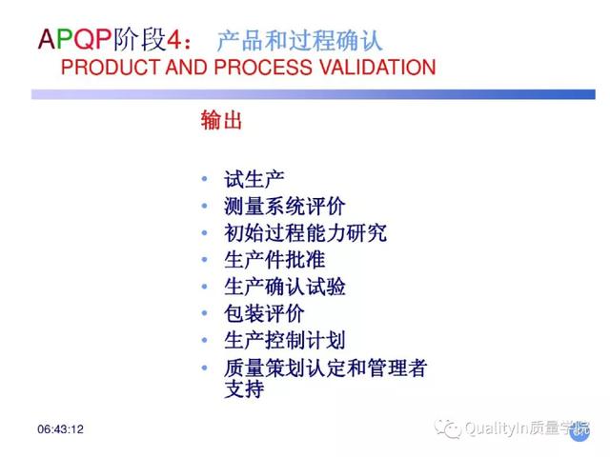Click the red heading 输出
click(x=221, y=120)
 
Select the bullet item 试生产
click(x=254, y=179)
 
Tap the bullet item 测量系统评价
click(x=284, y=206)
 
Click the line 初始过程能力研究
click(x=305, y=232)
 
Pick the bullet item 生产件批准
click(x=274, y=260)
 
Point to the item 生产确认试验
click(x=284, y=287)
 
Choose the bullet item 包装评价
click(x=264, y=313)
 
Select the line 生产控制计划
click(x=284, y=341)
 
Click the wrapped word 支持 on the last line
click(x=244, y=388)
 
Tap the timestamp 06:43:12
click(x=60, y=429)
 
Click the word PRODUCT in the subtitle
click(x=111, y=68)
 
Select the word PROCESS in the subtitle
click(x=263, y=68)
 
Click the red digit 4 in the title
click(x=173, y=40)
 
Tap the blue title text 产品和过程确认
click(x=299, y=40)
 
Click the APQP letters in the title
click(x=74, y=39)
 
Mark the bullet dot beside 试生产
click(x=205, y=179)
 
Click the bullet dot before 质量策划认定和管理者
click(x=205, y=368)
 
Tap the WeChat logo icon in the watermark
click(x=448, y=428)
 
